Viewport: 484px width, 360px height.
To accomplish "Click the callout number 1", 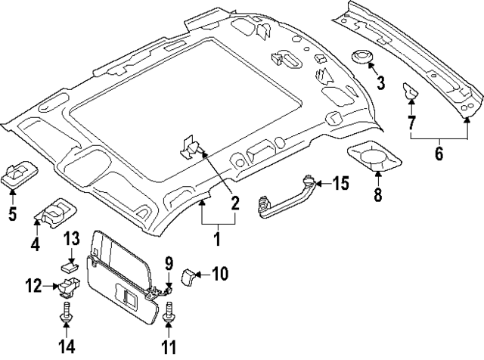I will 216,241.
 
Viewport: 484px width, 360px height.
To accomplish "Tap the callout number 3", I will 381,83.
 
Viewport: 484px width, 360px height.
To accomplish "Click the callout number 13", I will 70,240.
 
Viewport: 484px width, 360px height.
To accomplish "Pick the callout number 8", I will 378,195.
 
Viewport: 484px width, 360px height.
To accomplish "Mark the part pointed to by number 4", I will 55,214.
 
